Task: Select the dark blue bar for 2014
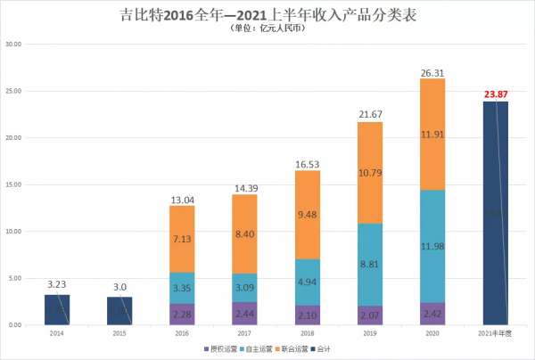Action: pyautogui.click(x=56, y=309)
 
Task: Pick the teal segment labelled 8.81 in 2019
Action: pyautogui.click(x=370, y=264)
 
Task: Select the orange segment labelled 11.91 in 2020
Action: pyautogui.click(x=432, y=135)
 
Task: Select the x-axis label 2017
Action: pyautogui.click(x=244, y=332)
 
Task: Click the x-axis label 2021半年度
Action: pyautogui.click(x=495, y=332)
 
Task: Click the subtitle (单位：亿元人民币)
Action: pyautogui.click(x=267, y=29)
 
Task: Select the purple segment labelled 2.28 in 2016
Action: pyautogui.click(x=182, y=315)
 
